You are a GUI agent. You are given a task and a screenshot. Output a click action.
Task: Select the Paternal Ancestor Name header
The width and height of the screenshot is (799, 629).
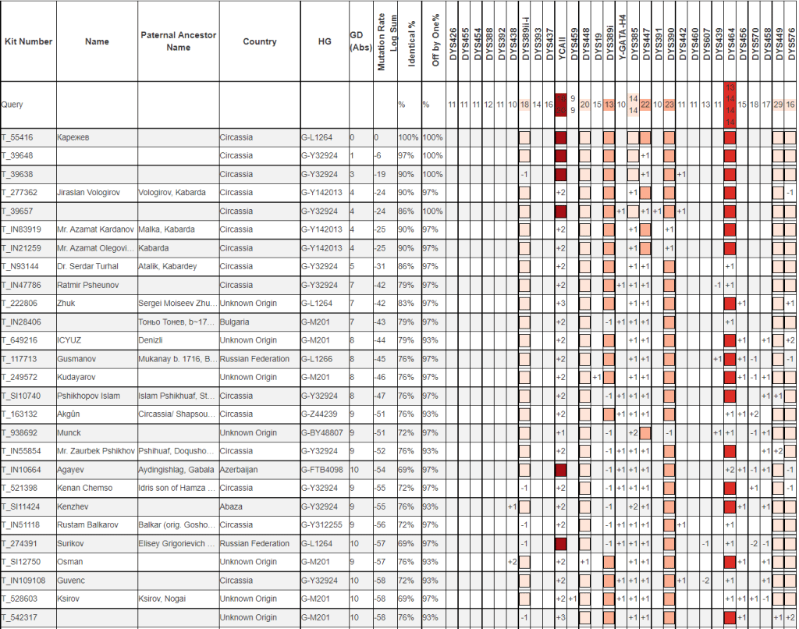tap(179, 41)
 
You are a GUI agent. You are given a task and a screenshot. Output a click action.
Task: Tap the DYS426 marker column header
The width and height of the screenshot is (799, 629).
tap(453, 42)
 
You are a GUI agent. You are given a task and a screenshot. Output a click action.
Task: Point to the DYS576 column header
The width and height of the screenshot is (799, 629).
tap(791, 42)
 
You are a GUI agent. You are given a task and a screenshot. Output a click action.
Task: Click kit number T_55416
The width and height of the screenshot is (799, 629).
tap(16, 137)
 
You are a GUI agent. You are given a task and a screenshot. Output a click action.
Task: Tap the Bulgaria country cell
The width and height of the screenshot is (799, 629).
tap(235, 322)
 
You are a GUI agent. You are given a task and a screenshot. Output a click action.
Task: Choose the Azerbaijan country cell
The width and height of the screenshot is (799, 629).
tap(240, 470)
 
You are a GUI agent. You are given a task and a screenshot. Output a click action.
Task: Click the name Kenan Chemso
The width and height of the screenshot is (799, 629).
tap(84, 489)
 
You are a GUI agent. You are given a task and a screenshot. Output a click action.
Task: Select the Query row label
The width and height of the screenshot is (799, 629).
tap(12, 104)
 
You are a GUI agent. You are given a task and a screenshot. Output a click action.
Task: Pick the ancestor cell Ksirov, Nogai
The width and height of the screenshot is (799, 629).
tap(166, 599)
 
